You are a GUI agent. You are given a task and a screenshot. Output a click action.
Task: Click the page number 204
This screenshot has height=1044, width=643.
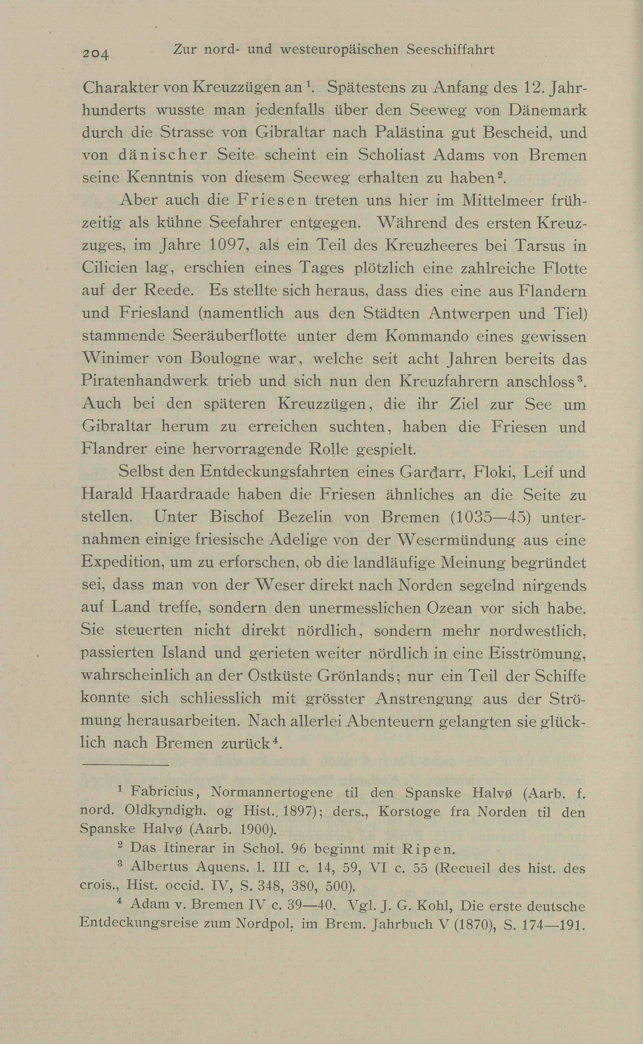[x=96, y=53]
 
